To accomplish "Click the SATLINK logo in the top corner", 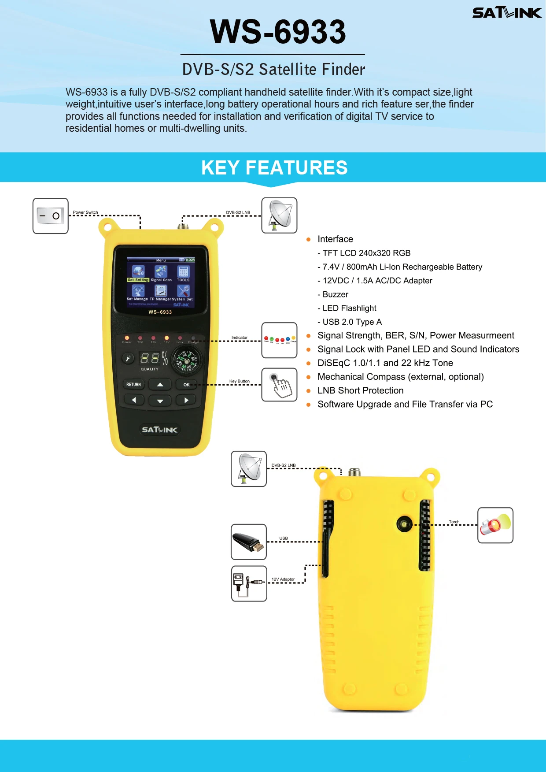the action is pyautogui.click(x=506, y=13).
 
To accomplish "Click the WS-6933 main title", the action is pyautogui.click(x=278, y=32).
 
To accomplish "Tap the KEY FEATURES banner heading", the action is pyautogui.click(x=274, y=168).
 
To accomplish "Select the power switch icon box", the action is pyautogui.click(x=51, y=216).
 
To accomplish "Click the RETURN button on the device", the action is pyautogui.click(x=133, y=385).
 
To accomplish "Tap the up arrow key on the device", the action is pyautogui.click(x=160, y=385).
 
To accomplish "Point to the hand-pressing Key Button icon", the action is pyautogui.click(x=279, y=385).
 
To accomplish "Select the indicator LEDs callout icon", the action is pyautogui.click(x=279, y=340).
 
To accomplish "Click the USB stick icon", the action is pyautogui.click(x=249, y=542).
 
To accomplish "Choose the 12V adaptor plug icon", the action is pyautogui.click(x=249, y=583).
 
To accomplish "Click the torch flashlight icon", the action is pyautogui.click(x=495, y=525).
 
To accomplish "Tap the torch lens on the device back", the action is pyautogui.click(x=404, y=524).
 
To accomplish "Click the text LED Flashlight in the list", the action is pyautogui.click(x=349, y=308).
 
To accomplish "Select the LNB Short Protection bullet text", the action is pyautogui.click(x=360, y=390).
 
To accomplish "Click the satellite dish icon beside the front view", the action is pyautogui.click(x=279, y=215).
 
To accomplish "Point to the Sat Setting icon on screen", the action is pyautogui.click(x=138, y=272).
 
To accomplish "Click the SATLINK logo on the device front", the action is pyautogui.click(x=159, y=430).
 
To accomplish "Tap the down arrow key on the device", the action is pyautogui.click(x=160, y=401).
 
